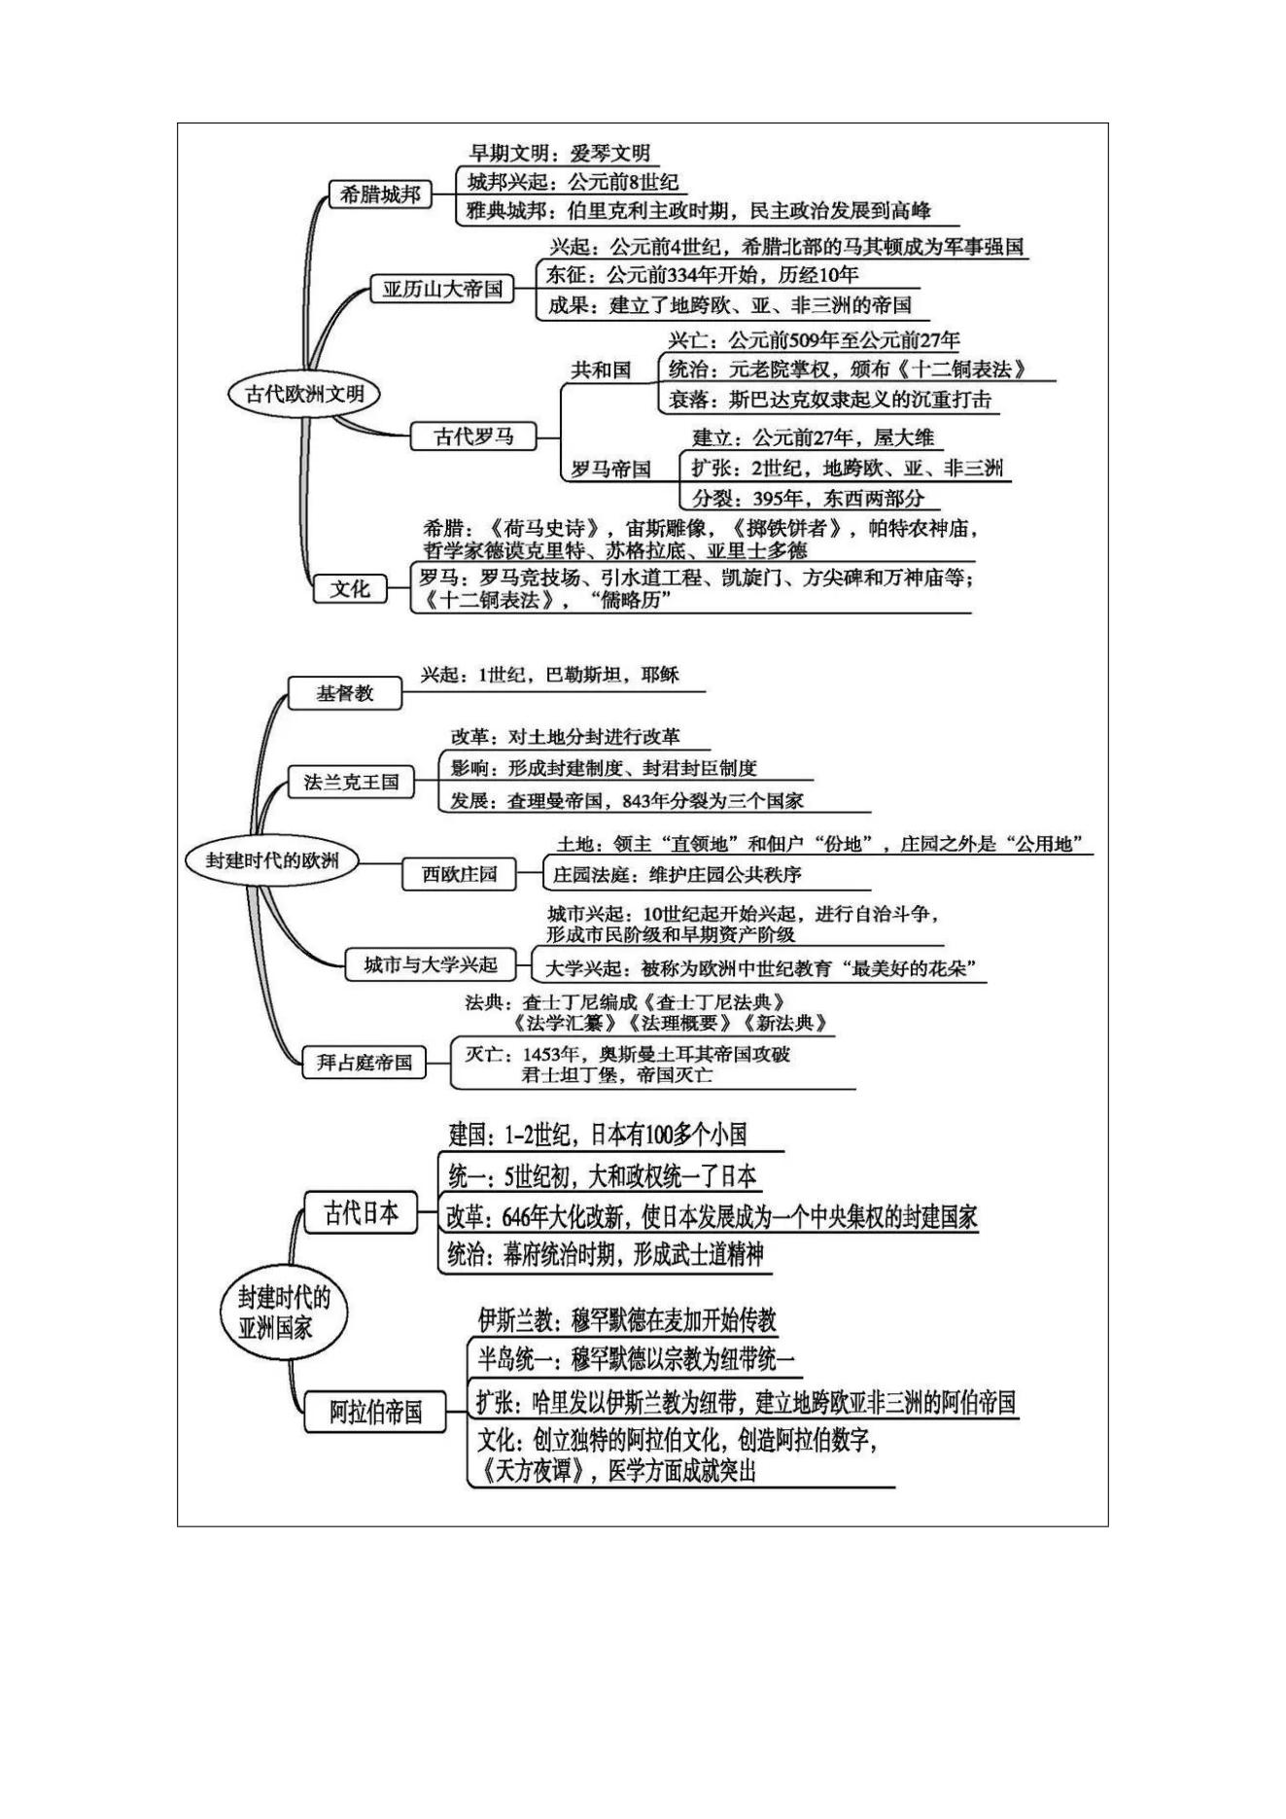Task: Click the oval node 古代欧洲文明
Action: pyautogui.click(x=304, y=394)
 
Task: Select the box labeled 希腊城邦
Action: pyautogui.click(x=380, y=194)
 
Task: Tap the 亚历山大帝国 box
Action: pyautogui.click(x=442, y=289)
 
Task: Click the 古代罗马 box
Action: pyautogui.click(x=473, y=437)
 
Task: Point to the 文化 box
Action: pyautogui.click(x=350, y=588)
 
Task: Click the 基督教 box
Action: pyautogui.click(x=345, y=693)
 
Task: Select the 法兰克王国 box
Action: pyautogui.click(x=351, y=782)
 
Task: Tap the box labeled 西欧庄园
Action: pyautogui.click(x=459, y=874)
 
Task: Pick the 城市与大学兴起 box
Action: pyautogui.click(x=431, y=964)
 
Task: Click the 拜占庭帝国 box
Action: pyautogui.click(x=365, y=1063)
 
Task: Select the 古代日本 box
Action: pyautogui.click(x=361, y=1212)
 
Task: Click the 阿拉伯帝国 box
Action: pyautogui.click(x=375, y=1412)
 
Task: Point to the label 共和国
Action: pyautogui.click(x=601, y=369)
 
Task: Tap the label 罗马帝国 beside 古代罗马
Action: pyautogui.click(x=610, y=469)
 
